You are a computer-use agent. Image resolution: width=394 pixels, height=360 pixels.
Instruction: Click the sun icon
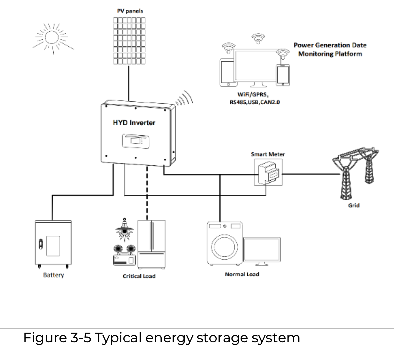click(52, 38)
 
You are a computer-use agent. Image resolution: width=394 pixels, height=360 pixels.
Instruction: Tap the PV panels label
click(130, 11)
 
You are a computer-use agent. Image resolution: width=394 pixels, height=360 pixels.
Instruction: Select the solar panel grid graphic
click(129, 41)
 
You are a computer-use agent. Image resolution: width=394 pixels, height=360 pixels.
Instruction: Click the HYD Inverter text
click(134, 123)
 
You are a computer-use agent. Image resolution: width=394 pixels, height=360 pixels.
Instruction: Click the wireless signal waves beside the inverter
click(184, 98)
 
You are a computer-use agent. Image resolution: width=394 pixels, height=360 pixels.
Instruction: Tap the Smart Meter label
click(268, 154)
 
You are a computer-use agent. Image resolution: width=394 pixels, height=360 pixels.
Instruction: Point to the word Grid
click(354, 205)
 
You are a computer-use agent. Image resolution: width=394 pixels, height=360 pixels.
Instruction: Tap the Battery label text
click(53, 275)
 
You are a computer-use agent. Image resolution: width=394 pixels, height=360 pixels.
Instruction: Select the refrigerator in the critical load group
click(151, 244)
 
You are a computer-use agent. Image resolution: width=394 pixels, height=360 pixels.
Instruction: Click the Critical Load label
click(139, 276)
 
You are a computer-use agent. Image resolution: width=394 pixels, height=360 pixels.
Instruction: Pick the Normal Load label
click(242, 274)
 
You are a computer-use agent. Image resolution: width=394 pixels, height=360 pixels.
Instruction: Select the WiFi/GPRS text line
click(253, 95)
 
